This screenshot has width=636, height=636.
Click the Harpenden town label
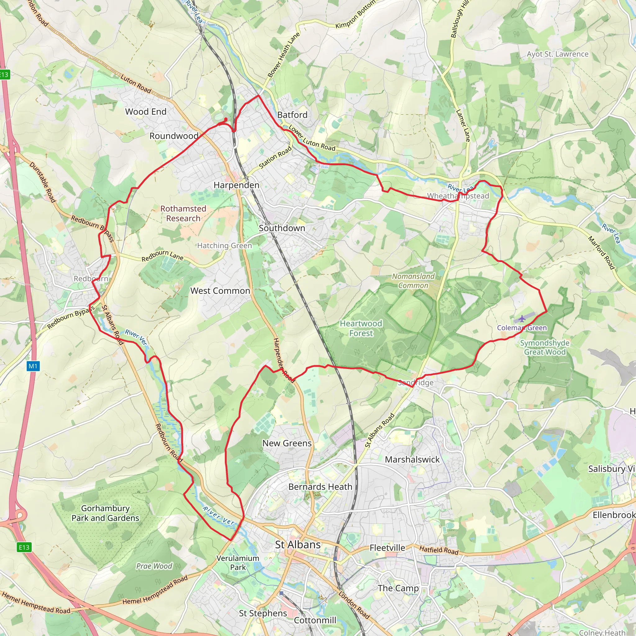click(236, 185)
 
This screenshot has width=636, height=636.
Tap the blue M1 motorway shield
click(33, 366)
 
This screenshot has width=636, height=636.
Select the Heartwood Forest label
click(361, 328)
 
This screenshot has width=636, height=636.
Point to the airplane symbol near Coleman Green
click(522, 319)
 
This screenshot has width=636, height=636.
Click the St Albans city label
click(298, 545)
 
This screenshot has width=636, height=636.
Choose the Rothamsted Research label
click(183, 213)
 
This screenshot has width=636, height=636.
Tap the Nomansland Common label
click(413, 281)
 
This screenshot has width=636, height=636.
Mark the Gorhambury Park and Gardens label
click(105, 513)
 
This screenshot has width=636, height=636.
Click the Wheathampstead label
click(458, 196)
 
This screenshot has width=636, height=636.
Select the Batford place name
click(292, 115)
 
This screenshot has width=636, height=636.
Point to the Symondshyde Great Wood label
click(545, 347)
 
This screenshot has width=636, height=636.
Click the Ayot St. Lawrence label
click(557, 54)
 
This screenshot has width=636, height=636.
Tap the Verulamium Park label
click(238, 563)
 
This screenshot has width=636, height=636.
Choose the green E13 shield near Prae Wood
click(24, 547)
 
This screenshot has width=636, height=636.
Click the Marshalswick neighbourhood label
click(412, 460)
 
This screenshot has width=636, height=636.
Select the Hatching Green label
click(225, 246)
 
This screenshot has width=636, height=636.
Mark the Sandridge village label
click(416, 383)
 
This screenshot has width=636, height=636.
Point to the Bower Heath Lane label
click(284, 55)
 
